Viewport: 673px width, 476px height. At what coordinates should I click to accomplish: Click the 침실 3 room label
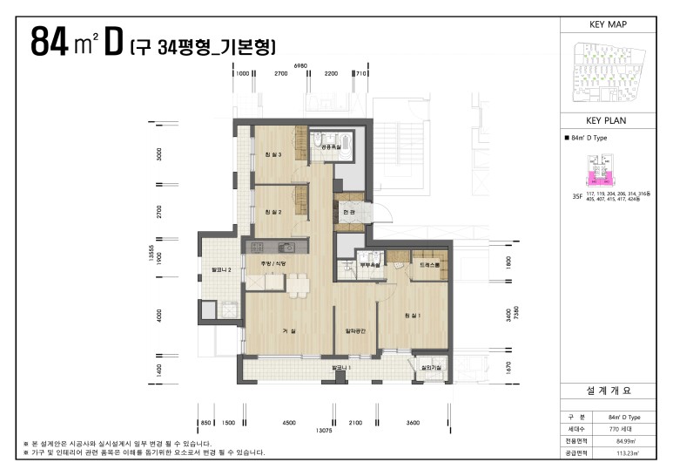273,155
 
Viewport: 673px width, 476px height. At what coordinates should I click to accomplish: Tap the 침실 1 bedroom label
413,315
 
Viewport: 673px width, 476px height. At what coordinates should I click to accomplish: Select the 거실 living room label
288,331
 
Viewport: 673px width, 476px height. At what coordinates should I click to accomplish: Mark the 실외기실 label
431,368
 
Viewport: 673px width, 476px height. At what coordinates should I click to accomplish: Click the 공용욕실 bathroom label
332,148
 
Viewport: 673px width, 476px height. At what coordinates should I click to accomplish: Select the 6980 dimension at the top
301,65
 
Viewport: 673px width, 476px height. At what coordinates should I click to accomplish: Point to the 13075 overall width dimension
324,431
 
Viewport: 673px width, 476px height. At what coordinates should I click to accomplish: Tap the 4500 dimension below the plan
288,422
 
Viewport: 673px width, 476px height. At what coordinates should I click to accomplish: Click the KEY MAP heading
609,24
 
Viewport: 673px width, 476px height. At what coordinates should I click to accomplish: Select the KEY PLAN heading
609,120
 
